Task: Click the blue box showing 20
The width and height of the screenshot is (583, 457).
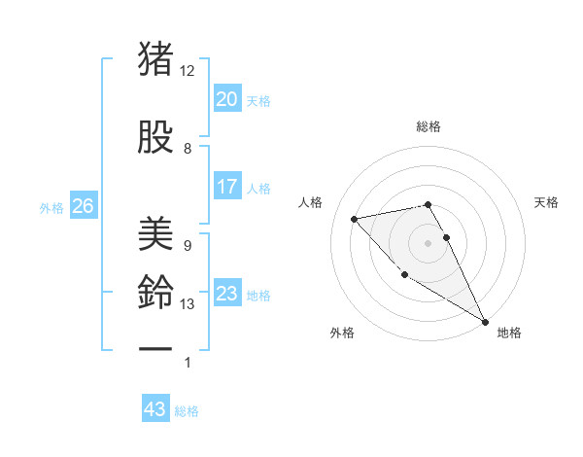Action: [226, 99]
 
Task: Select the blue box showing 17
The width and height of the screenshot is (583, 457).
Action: [226, 187]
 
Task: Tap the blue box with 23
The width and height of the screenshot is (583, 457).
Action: [226, 294]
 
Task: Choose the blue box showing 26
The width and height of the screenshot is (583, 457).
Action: [83, 206]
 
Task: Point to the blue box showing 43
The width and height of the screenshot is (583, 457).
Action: [155, 409]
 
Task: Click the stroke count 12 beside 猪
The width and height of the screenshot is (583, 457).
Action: [188, 71]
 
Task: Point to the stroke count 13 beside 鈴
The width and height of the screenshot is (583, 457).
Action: [188, 304]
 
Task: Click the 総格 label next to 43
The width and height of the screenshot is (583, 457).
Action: [187, 411]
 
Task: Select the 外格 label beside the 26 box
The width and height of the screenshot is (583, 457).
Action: [51, 207]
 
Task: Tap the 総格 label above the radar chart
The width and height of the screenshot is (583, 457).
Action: [429, 126]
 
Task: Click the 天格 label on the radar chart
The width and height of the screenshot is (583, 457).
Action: [546, 202]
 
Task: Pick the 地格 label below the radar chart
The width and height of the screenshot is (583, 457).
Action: [509, 333]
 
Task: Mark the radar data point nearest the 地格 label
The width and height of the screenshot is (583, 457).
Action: [485, 321]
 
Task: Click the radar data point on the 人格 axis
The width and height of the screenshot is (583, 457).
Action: [355, 219]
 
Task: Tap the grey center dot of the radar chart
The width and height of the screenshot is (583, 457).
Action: [429, 242]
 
